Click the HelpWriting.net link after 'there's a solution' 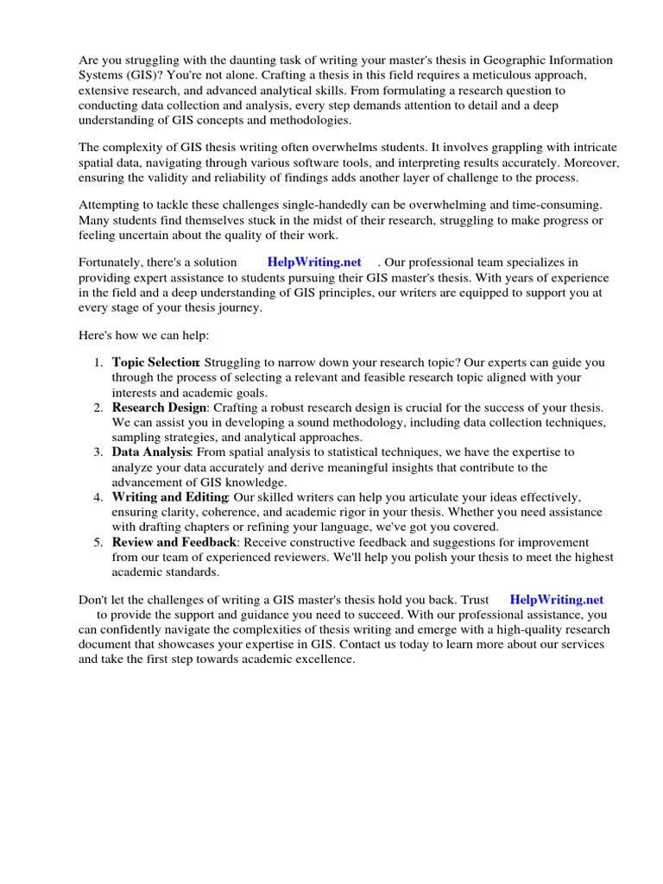point(314,262)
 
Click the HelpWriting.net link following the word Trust point(557,599)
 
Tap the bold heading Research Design point(159,407)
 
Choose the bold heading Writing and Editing point(169,496)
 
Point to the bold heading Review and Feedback point(174,541)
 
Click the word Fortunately point(115,262)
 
